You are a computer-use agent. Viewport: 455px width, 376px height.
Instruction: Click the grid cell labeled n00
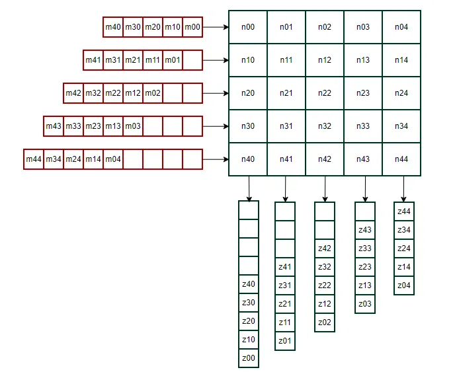248,27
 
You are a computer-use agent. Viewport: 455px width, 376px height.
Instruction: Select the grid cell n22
325,93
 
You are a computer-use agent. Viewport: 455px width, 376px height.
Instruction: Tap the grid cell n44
401,159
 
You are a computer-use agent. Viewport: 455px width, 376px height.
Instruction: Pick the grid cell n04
401,27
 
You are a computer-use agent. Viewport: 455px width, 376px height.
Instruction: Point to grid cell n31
286,126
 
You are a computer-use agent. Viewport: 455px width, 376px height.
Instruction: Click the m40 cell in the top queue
113,27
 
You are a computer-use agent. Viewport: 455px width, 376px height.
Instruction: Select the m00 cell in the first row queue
192,27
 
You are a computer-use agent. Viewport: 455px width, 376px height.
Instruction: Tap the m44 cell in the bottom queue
34,159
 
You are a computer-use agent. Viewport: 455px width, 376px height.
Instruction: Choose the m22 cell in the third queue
113,93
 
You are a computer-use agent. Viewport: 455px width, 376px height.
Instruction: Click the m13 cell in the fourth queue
113,126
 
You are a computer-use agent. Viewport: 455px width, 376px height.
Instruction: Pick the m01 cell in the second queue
173,60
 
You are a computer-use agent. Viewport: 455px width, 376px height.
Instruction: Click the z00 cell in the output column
249,358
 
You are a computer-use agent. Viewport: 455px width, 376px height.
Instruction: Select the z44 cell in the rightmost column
404,211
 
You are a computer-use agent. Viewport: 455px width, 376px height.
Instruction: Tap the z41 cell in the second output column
285,267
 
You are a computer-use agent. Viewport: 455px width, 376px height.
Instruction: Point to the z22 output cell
325,285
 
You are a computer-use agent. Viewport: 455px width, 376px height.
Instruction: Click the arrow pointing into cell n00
215,27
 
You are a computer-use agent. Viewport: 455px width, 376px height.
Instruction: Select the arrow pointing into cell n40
215,159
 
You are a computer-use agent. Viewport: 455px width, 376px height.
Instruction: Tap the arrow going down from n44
404,189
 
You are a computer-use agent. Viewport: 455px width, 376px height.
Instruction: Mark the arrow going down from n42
325,189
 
